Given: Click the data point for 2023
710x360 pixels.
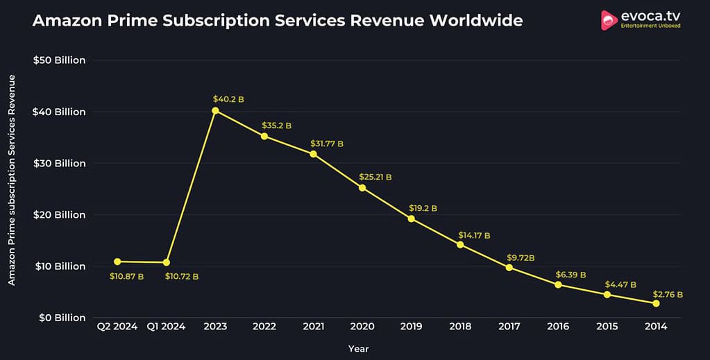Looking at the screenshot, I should pyautogui.click(x=215, y=110).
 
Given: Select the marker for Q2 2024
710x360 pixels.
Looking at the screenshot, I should pyautogui.click(x=117, y=262).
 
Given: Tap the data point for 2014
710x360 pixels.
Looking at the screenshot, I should pyautogui.click(x=656, y=303).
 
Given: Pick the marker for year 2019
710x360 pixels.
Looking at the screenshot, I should pyautogui.click(x=411, y=218).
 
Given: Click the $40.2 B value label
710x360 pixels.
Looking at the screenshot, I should pyautogui.click(x=228, y=99).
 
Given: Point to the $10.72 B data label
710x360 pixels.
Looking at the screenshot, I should pyautogui.click(x=181, y=277).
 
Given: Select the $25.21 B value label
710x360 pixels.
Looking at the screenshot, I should pyautogui.click(x=375, y=177).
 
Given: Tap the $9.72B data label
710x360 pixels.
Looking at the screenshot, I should pyautogui.click(x=521, y=257).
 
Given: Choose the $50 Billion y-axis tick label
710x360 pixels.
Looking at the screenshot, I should pyautogui.click(x=59, y=60).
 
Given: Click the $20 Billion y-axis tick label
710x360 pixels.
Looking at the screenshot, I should pyautogui.click(x=59, y=214).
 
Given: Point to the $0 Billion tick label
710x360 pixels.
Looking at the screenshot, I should pyautogui.click(x=62, y=318).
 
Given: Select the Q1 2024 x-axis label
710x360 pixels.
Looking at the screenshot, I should pyautogui.click(x=166, y=327).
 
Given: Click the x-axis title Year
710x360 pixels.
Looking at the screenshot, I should pyautogui.click(x=359, y=348).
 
